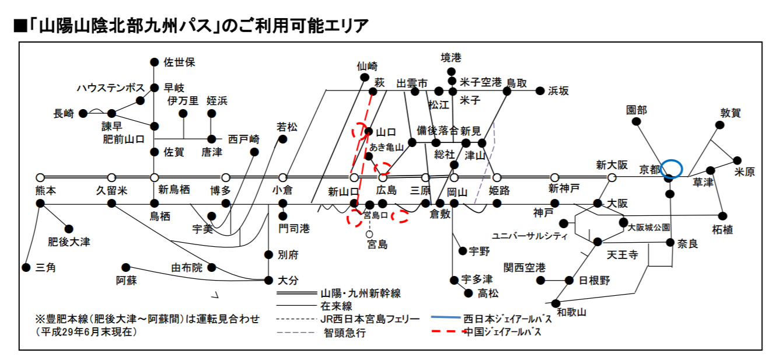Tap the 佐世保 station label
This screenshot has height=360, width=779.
pyautogui.click(x=179, y=62)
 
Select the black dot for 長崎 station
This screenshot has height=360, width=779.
pyautogui.click(x=83, y=113)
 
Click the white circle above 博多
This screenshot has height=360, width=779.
pyautogui.click(x=226, y=177)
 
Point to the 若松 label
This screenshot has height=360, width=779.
pyautogui.click(x=287, y=127)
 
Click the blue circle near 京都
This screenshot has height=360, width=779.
pyautogui.click(x=671, y=169)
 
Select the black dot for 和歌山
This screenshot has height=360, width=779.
pyautogui.click(x=555, y=303)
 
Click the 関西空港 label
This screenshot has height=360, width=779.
pyautogui.click(x=525, y=268)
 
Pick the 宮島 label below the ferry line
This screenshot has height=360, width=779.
pyautogui.click(x=377, y=244)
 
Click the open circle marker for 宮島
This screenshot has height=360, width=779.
pyautogui.click(x=369, y=234)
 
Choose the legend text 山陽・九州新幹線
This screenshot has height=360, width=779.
pyautogui.click(x=361, y=292)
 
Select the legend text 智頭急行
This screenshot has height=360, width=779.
pyautogui.click(x=345, y=333)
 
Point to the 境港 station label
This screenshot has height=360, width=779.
pyautogui.click(x=450, y=58)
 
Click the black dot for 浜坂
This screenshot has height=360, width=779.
pyautogui.click(x=540, y=91)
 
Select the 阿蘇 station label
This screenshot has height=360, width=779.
pyautogui.click(x=126, y=280)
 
